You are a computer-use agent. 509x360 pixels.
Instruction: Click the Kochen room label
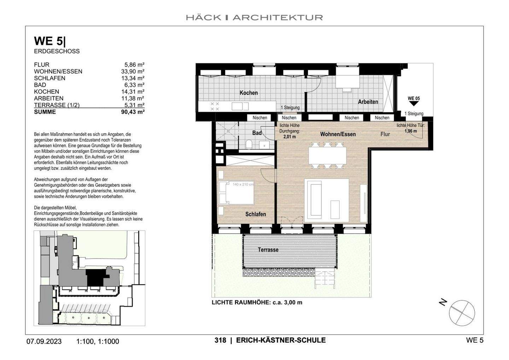pos(248,93)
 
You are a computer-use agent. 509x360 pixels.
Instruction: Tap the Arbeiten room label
pos(368,102)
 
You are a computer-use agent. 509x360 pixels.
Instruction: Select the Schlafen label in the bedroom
pos(256,214)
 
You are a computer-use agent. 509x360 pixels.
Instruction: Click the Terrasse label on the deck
pos(268,250)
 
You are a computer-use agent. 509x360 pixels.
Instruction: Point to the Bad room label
pos(257,133)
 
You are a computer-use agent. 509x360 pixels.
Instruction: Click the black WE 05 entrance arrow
pos(414,104)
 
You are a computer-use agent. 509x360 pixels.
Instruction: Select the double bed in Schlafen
pos(236,193)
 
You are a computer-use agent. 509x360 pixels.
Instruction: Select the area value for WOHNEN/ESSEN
pos(133,71)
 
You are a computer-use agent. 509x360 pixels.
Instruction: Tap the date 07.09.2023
pos(44,341)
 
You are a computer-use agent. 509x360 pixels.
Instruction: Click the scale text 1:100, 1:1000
pos(98,341)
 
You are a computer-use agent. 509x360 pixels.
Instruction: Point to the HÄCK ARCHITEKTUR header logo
pos(254,17)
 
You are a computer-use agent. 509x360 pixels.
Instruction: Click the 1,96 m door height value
pos(410,131)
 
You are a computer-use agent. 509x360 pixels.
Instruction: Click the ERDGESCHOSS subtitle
pos(57,51)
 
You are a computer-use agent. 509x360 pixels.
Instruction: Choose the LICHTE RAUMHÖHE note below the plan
pos(257,302)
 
